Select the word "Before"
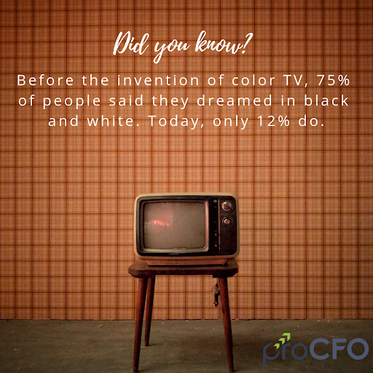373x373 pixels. pyautogui.click(x=45, y=80)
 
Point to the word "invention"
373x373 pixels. pyautogui.click(x=158, y=80)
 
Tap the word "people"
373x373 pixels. pyautogui.click(x=72, y=101)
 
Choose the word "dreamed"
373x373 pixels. pyautogui.click(x=235, y=101)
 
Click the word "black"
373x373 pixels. pyautogui.click(x=326, y=101)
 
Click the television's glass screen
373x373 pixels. pyautogui.click(x=174, y=225)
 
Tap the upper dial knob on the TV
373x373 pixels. pyautogui.click(x=227, y=205)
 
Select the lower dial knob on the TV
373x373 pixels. pyautogui.click(x=227, y=221)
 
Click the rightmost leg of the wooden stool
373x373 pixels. pyautogui.click(x=227, y=323)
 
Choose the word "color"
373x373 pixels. pyautogui.click(x=254, y=80)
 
